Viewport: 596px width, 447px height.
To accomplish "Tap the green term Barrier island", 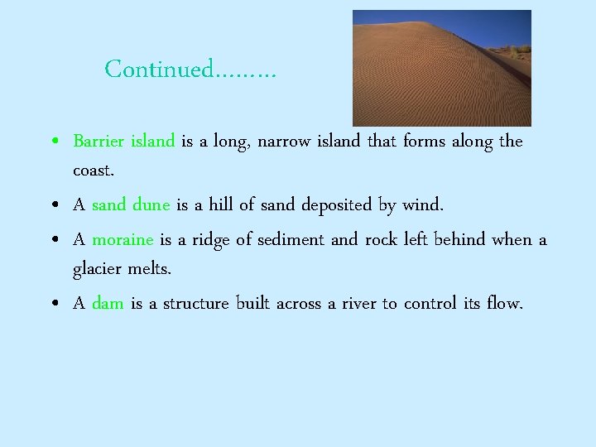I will pyautogui.click(x=123, y=141).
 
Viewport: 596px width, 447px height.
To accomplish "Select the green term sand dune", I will pyautogui.click(x=131, y=204).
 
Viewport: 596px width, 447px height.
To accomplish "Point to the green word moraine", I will pyautogui.click(x=123, y=240).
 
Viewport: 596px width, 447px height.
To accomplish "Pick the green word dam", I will pyautogui.click(x=108, y=304).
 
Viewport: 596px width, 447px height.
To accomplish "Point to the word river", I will pyautogui.click(x=354, y=304).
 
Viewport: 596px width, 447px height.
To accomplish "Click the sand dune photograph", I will pyautogui.click(x=430, y=83).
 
